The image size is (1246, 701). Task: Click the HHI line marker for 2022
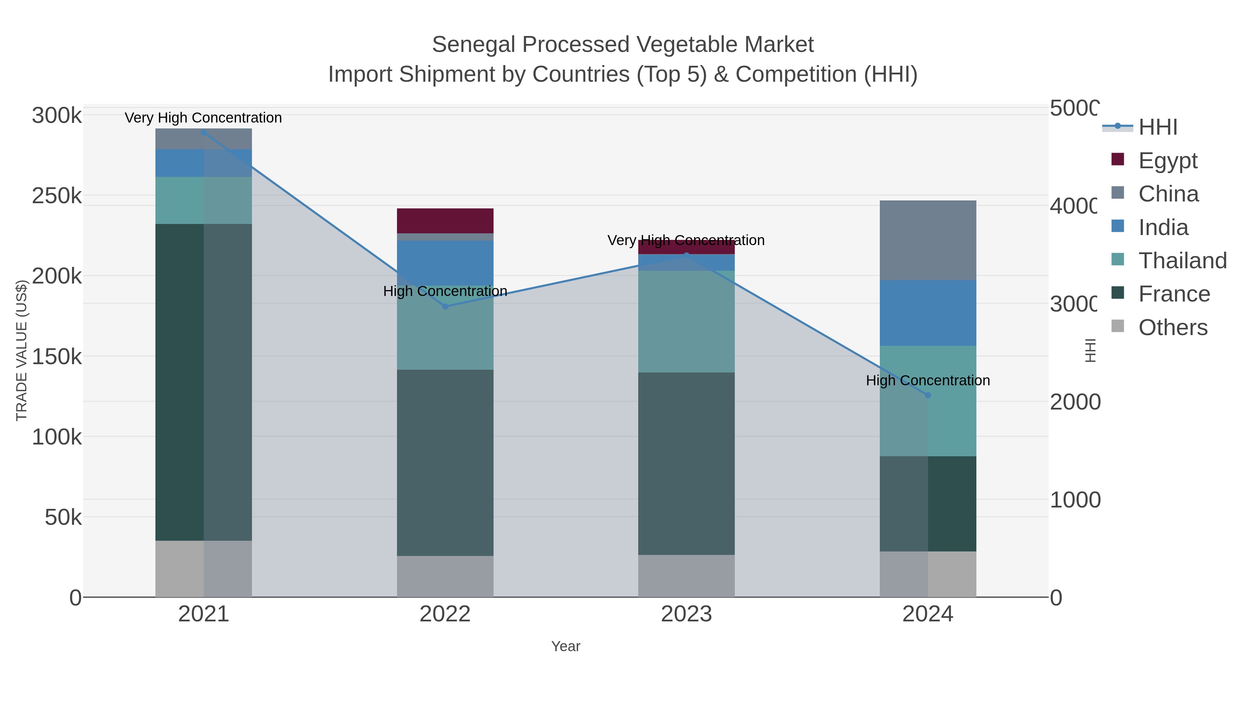point(445,306)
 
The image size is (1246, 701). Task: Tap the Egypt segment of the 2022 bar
point(445,221)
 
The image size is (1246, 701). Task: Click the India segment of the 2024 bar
point(928,313)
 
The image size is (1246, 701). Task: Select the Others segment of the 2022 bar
point(445,576)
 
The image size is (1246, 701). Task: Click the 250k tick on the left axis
point(57,196)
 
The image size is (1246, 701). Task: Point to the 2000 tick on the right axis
point(1074,402)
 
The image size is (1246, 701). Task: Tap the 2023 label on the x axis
point(686,614)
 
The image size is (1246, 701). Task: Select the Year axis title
point(566,646)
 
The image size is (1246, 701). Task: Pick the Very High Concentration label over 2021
point(203,118)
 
